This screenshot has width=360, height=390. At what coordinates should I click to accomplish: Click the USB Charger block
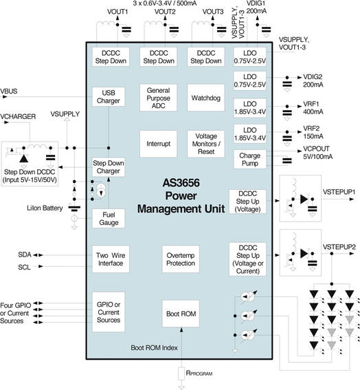[x=109, y=97]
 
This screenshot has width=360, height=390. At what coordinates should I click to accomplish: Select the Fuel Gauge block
[x=109, y=219]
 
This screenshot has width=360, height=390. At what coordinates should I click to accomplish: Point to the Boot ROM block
[x=180, y=314]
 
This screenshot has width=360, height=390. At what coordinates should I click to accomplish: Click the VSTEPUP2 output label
[x=339, y=246]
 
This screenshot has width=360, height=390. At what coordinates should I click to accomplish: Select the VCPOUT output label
[x=316, y=149]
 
